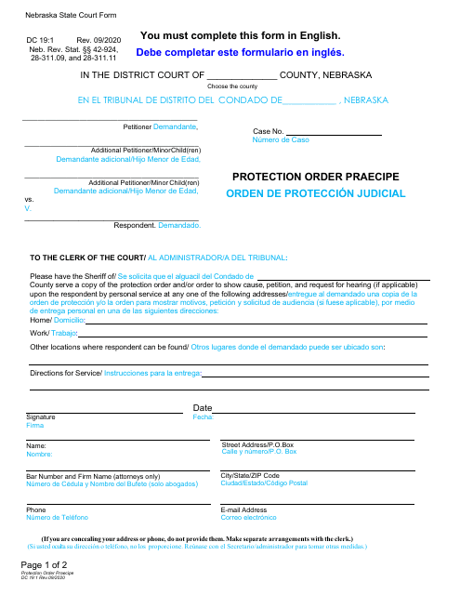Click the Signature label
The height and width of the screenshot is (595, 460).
(42, 417)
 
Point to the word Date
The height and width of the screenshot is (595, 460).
(203, 408)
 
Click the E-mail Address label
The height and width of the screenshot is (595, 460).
(244, 510)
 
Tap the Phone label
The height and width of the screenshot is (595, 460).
(36, 510)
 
